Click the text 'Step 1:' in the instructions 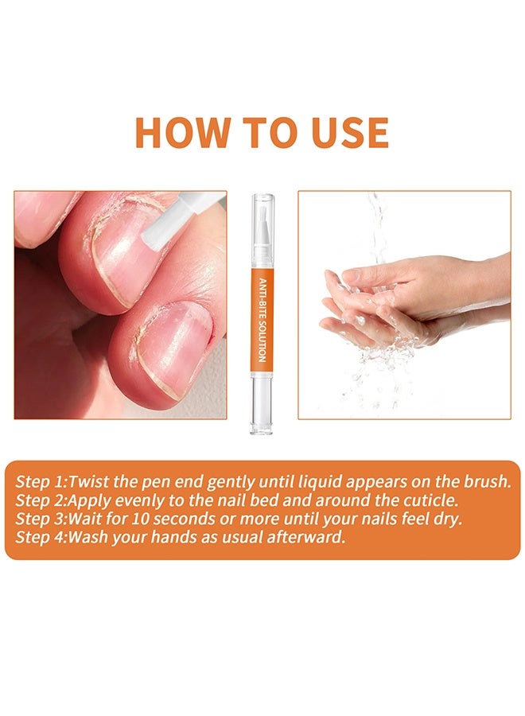(x=41, y=481)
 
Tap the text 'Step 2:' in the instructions (x=41, y=500)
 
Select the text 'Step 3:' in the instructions (x=41, y=519)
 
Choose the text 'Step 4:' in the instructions (x=41, y=537)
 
